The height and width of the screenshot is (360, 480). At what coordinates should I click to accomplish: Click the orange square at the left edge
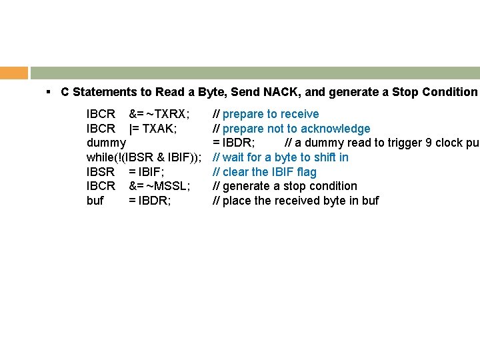[14, 73]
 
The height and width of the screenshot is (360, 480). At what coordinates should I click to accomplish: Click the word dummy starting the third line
[106, 143]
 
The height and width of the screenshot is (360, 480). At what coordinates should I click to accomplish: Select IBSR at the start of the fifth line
[101, 172]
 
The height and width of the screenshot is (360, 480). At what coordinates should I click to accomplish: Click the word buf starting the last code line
[95, 201]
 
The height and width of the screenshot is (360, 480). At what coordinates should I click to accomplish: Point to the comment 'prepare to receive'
[271, 114]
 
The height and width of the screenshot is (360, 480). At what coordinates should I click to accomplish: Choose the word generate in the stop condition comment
[247, 186]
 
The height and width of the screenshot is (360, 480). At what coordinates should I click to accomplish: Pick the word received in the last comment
[299, 201]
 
